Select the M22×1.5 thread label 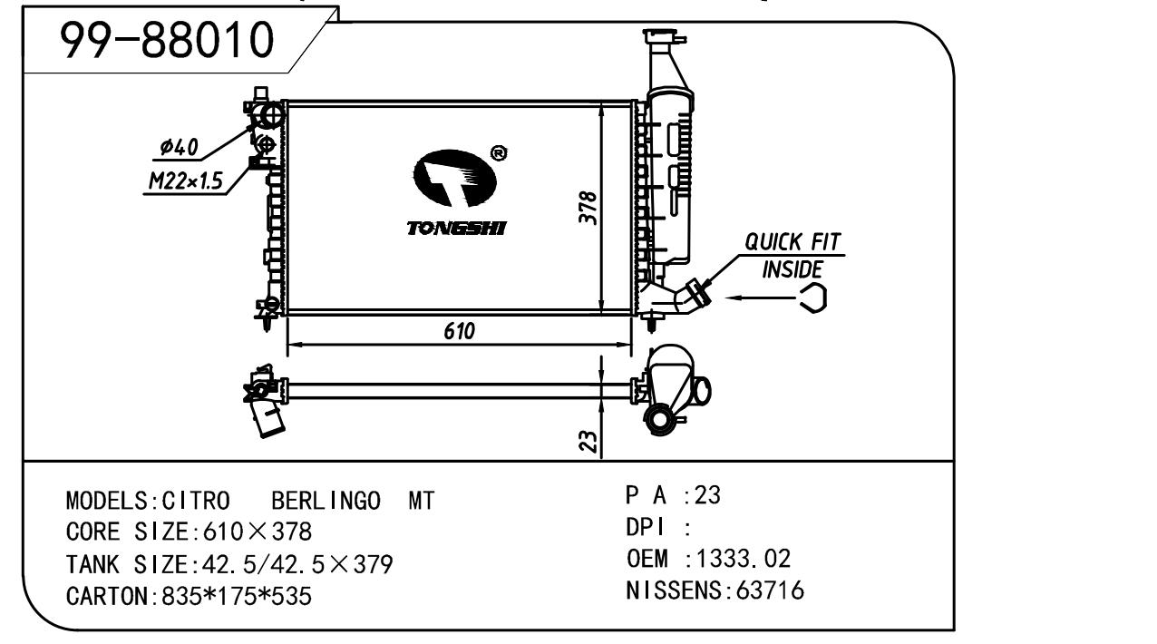pos(186,181)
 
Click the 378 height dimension pos(588,208)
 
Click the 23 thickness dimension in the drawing pos(588,441)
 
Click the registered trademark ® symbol pos(498,153)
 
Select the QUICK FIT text pos(792,242)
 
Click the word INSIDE pos(792,269)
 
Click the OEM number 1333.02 pos(746,558)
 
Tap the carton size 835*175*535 pos(238,597)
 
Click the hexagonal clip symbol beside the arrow pos(812,297)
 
